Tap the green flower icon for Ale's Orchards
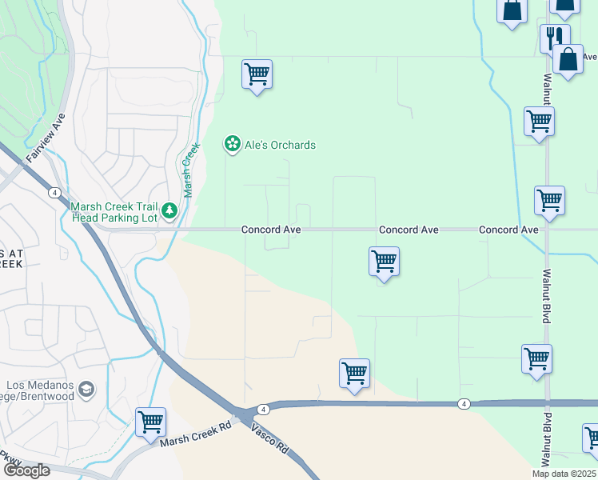232,144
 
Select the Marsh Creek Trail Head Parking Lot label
114,210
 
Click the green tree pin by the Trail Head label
169,211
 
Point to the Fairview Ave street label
46,138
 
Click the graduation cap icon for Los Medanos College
86,390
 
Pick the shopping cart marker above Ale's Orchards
257,75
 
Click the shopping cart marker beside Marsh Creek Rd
150,422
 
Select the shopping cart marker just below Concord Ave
385,261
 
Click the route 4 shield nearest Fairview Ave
54,193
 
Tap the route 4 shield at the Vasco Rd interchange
263,409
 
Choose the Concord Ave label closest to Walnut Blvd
508,230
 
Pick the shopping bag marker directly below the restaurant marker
568,60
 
